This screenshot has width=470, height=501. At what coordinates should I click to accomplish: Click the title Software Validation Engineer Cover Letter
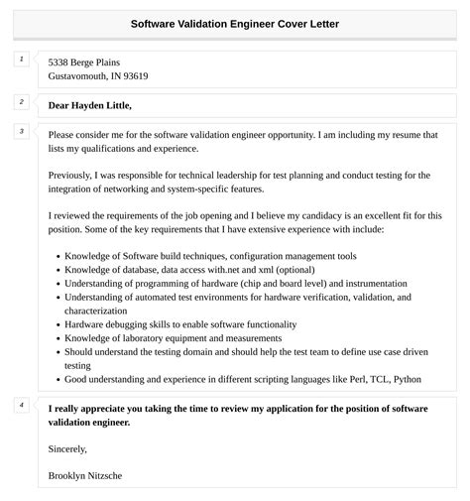[x=234, y=24]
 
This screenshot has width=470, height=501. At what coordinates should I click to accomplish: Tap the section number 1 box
[x=21, y=61]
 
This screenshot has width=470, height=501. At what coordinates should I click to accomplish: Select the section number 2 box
[x=21, y=102]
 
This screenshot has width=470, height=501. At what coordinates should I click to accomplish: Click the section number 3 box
[x=21, y=132]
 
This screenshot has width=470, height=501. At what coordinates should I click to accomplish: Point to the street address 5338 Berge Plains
[x=89, y=62]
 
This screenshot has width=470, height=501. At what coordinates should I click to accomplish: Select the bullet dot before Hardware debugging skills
[x=57, y=324]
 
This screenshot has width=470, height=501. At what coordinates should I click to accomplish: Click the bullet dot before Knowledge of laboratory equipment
[x=57, y=338]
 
